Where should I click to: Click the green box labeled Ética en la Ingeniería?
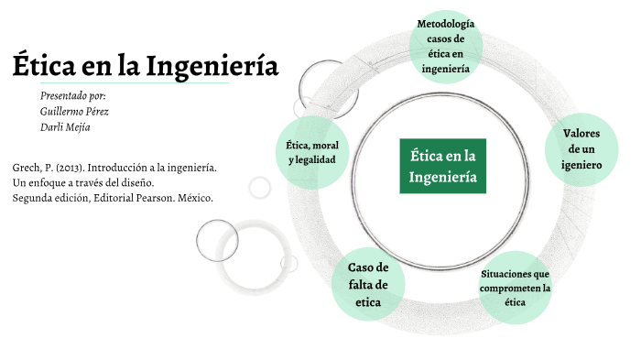pos(443,166)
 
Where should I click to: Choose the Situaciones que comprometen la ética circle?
pos(515,288)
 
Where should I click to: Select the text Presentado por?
pos(73,96)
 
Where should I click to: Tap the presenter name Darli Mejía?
pos(65,127)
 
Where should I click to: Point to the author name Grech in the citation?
pos(27,169)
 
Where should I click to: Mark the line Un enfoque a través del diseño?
pos(82,183)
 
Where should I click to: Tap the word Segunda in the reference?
pos(34,198)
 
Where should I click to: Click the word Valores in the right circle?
pos(581,133)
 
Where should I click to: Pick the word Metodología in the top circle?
pos(446,23)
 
